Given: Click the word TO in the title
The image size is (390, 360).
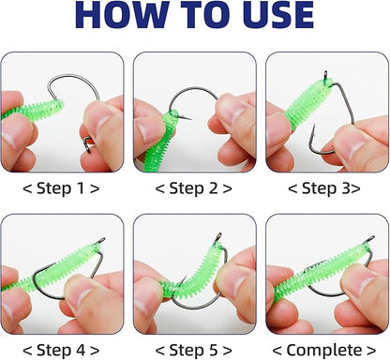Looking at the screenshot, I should (x=188, y=17).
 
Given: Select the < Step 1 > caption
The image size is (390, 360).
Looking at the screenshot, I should (x=62, y=187).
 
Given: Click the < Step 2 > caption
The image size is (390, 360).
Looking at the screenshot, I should (x=195, y=187).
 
